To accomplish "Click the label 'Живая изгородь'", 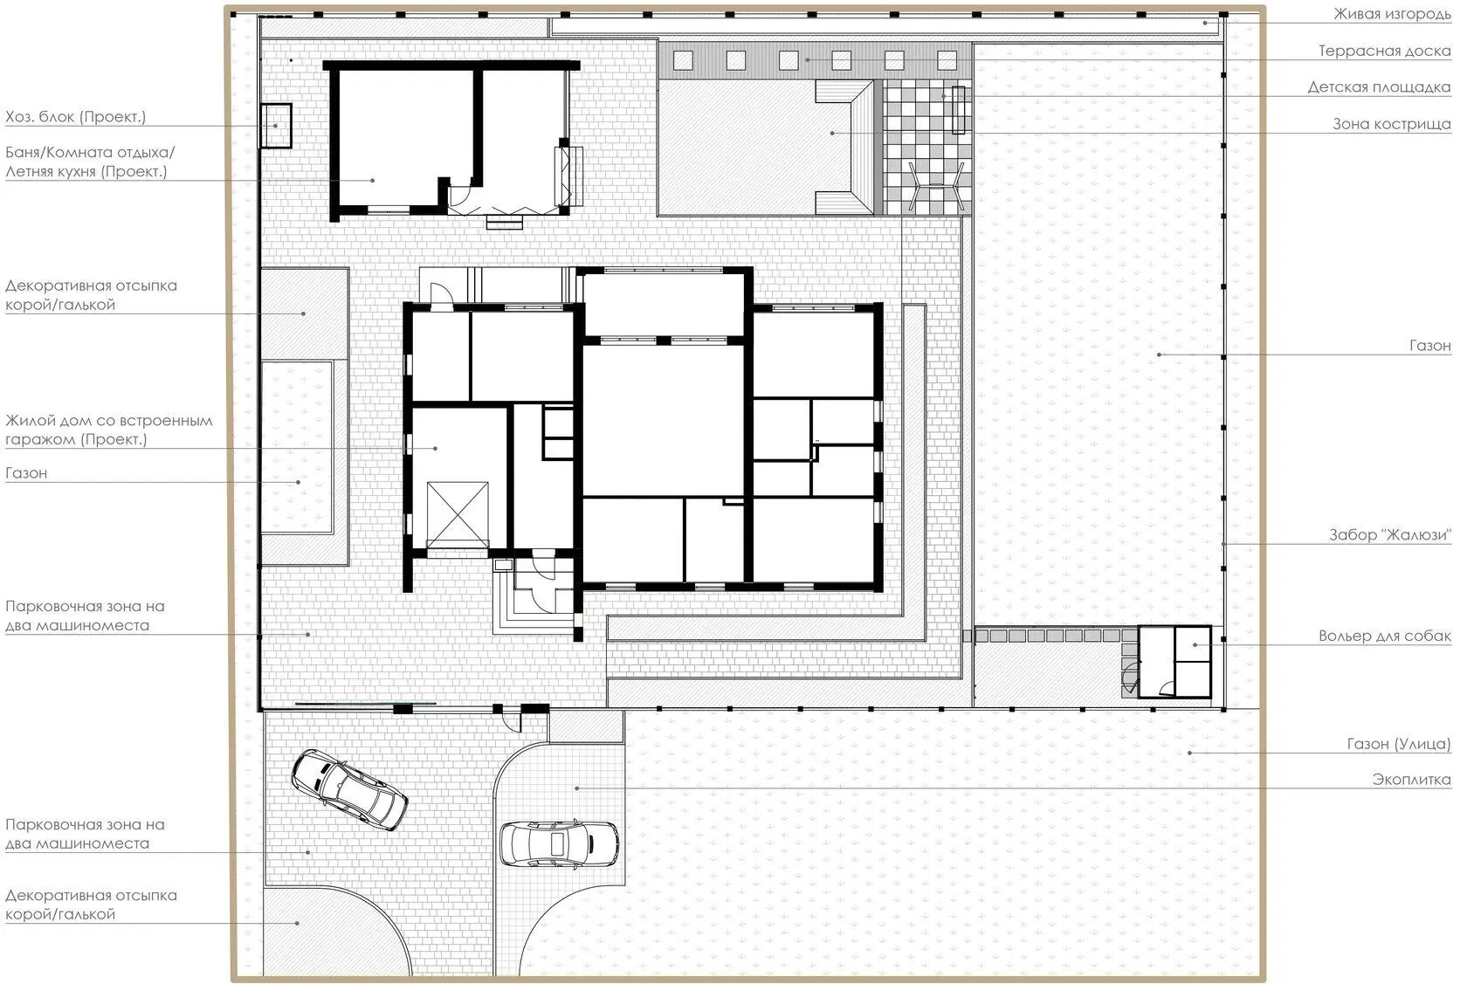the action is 1392,14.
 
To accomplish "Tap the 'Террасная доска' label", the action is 1384,51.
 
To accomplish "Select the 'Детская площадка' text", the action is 1379,87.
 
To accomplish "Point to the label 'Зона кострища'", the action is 1391,124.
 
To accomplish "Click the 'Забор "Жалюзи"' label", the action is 1389,535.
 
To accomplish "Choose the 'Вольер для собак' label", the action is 1384,636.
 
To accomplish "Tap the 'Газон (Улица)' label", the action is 1398,744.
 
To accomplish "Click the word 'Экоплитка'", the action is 1411,780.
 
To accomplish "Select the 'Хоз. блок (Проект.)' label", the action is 75,117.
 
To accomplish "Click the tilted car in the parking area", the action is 349,789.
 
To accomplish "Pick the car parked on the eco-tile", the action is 559,843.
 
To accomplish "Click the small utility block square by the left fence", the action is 276,126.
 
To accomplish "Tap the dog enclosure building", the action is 1174,662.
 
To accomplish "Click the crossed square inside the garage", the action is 458,514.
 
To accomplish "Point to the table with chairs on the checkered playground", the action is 936,187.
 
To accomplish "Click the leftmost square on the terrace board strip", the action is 683,60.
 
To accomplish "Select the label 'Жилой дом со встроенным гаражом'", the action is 108,430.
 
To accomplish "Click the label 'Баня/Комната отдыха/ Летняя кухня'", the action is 90,162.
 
